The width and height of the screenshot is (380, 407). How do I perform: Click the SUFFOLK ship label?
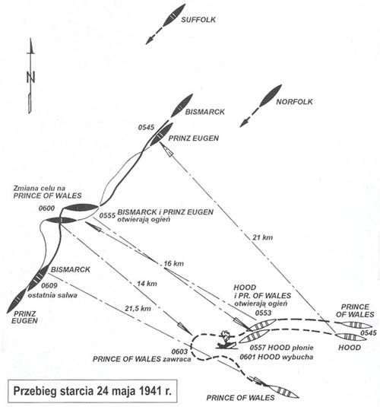[198, 20]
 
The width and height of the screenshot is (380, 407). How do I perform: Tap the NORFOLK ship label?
[294, 101]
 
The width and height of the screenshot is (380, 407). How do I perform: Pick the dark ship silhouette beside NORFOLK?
[271, 96]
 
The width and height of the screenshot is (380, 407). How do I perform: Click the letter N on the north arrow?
[31, 77]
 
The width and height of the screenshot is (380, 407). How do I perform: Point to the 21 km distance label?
[263, 237]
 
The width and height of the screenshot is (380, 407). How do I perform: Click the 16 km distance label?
[173, 263]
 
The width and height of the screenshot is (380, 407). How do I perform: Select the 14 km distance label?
[147, 284]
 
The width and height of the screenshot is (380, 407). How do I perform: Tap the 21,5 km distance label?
[138, 308]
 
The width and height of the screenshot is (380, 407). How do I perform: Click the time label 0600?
[46, 208]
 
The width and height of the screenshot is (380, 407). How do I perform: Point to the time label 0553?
[263, 313]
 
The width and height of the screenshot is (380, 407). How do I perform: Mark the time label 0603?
[179, 351]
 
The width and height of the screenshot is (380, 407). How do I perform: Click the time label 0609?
[49, 285]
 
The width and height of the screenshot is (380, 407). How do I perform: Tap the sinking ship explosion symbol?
[227, 339]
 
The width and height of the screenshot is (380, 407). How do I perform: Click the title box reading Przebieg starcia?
[93, 391]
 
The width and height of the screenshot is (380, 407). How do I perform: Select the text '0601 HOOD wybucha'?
[276, 357]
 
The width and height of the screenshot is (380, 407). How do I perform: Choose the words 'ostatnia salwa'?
[52, 295]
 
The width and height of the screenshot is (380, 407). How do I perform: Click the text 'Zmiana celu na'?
[40, 188]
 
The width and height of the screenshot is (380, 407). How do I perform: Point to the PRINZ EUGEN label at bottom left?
[24, 317]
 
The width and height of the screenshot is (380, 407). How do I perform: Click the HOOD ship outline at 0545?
[349, 337]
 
